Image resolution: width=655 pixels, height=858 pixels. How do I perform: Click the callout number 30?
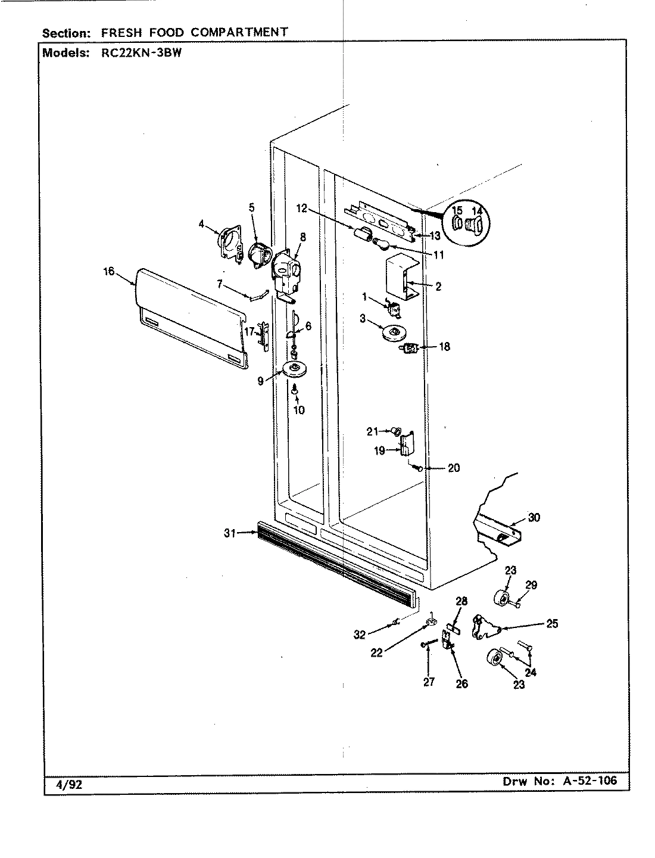pyautogui.click(x=534, y=517)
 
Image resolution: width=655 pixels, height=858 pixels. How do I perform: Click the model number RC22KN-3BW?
pyautogui.click(x=138, y=52)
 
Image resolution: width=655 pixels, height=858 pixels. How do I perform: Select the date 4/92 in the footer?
pyautogui.click(x=63, y=784)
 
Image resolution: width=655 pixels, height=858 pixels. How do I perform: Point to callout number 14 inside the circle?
pyautogui.click(x=477, y=211)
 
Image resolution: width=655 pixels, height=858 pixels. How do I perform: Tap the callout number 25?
pyautogui.click(x=551, y=624)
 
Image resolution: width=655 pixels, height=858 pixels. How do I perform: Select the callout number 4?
pyautogui.click(x=201, y=225)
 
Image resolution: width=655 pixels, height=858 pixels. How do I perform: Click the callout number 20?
pyautogui.click(x=453, y=468)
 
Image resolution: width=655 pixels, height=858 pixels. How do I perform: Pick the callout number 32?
pyautogui.click(x=360, y=635)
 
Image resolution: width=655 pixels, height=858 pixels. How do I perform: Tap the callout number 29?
pyautogui.click(x=531, y=585)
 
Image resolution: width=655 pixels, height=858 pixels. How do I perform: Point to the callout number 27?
pyautogui.click(x=429, y=683)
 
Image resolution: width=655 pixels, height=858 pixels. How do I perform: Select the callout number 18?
pyautogui.click(x=444, y=346)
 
